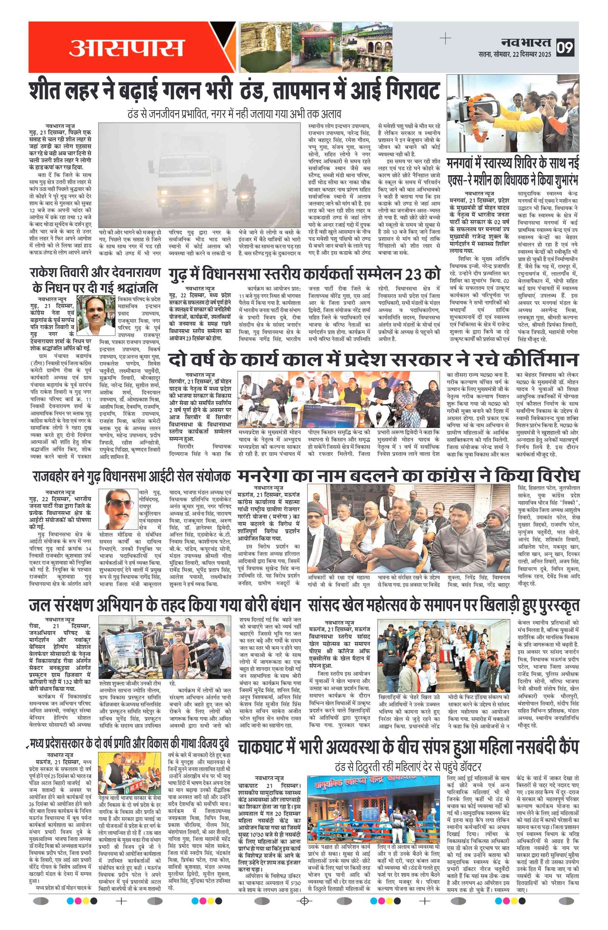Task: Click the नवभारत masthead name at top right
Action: point(526,42)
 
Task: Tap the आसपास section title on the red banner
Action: point(126,48)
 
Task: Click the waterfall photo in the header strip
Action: point(266,47)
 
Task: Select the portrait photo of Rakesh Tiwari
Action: point(96,315)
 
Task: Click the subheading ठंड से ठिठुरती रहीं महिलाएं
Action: point(408,766)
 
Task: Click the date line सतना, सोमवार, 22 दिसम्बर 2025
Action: point(514,54)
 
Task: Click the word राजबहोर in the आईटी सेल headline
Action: point(51,477)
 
